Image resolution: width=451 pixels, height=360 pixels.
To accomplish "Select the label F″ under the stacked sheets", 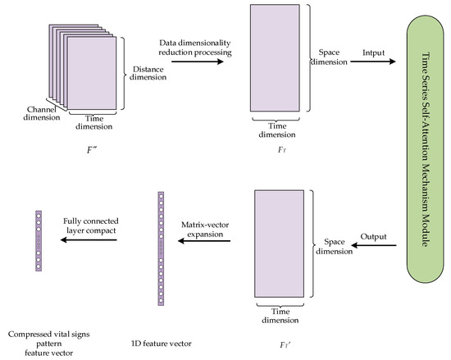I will (82, 152).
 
